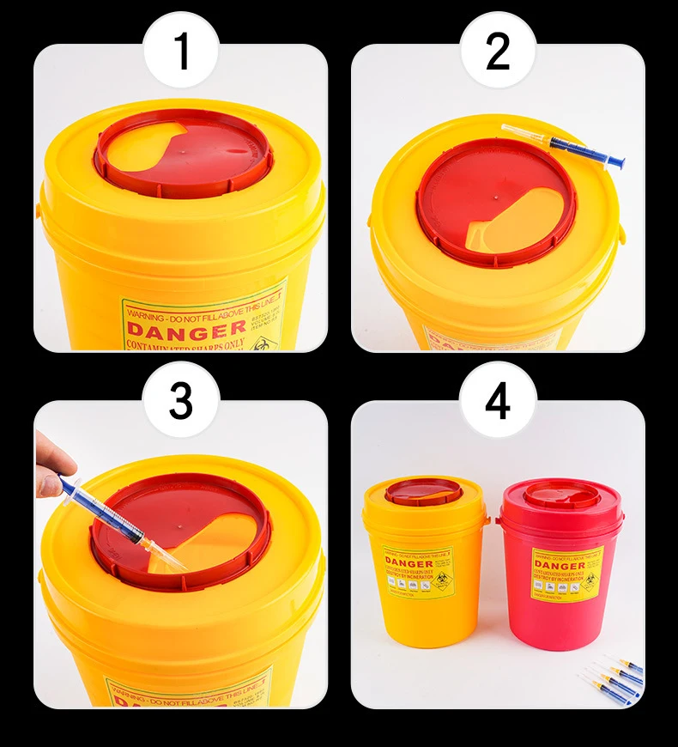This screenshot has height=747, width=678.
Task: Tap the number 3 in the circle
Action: tap(181, 402)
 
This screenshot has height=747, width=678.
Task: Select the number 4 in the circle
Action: tap(498, 402)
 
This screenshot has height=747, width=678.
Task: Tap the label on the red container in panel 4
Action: tap(565, 572)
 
